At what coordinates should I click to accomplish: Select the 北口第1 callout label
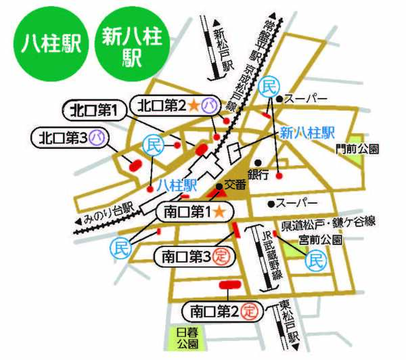click(x=94, y=110)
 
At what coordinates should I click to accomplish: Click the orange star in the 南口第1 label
click(x=219, y=211)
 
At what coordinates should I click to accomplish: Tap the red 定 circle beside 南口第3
click(x=220, y=256)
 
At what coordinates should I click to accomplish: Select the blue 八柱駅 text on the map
click(x=175, y=185)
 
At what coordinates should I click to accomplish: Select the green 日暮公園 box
click(x=184, y=339)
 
